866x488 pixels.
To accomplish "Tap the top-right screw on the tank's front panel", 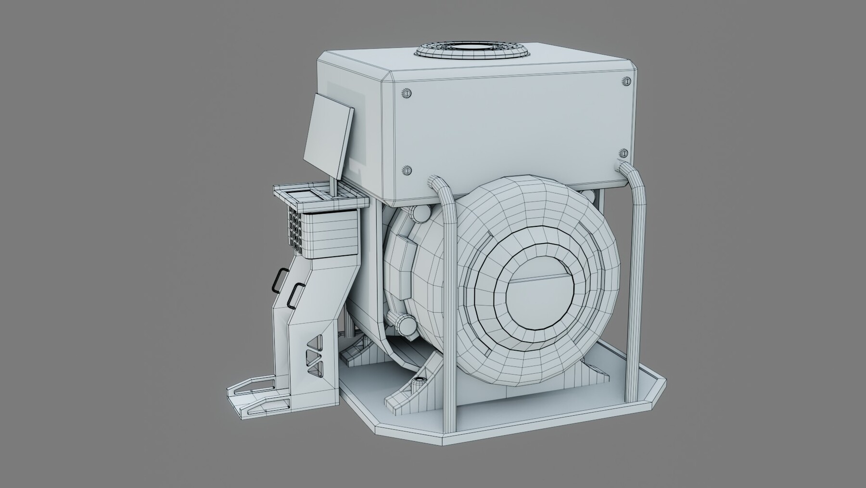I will (626, 81).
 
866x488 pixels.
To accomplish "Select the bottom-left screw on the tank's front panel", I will (408, 170).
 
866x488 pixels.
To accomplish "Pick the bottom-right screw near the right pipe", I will (624, 154).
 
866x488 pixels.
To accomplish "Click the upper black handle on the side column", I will (278, 280).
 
